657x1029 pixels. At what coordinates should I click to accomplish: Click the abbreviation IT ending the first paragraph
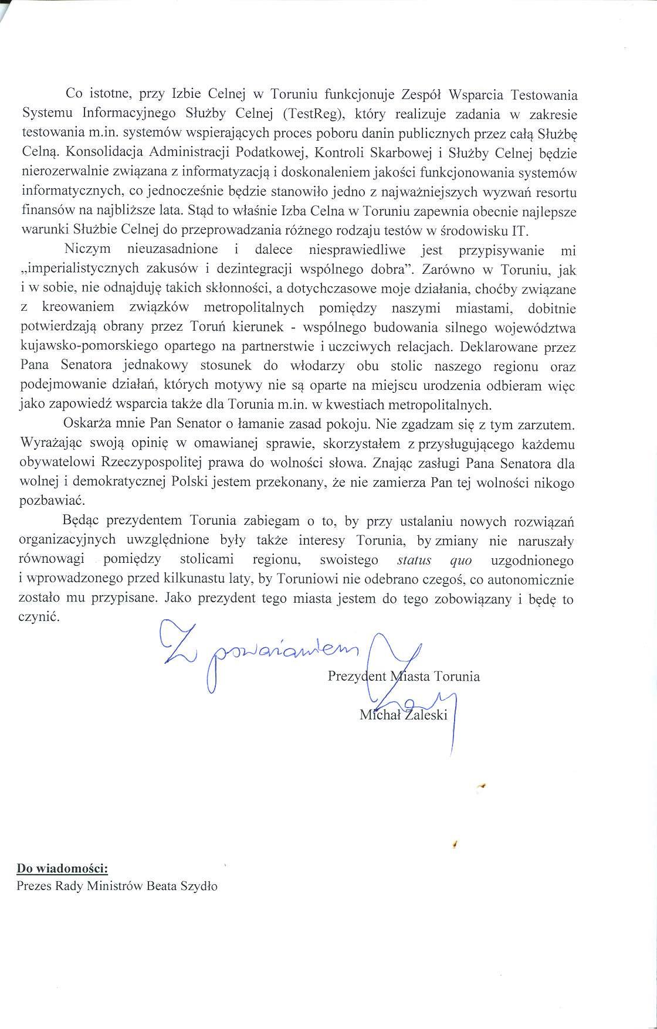point(520,230)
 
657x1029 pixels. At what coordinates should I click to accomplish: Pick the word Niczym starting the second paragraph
point(88,250)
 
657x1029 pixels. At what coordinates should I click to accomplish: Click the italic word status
point(414,561)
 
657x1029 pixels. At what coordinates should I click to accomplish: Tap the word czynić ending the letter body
point(39,618)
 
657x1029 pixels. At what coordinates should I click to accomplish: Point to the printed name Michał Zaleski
point(404,715)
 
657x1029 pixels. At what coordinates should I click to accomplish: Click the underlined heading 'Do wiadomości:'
point(62,868)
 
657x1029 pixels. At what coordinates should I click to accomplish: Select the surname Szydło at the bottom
point(198,887)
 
